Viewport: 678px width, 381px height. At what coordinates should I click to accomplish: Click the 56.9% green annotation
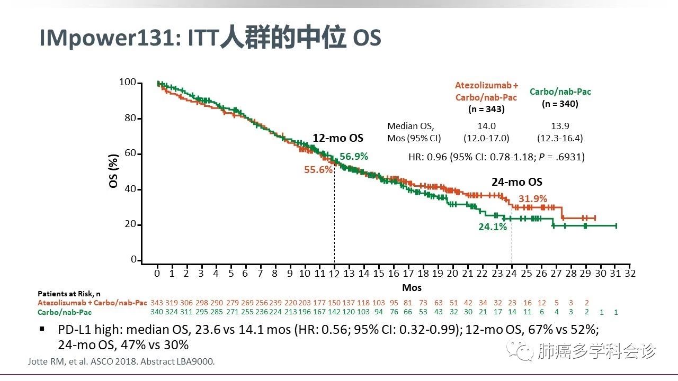(354, 157)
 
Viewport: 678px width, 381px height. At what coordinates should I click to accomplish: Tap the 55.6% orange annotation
(318, 170)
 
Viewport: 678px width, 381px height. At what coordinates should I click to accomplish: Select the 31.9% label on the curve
(532, 198)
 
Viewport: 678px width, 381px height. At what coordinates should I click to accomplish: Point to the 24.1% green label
(493, 227)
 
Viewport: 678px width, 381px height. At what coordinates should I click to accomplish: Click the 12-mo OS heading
(338, 138)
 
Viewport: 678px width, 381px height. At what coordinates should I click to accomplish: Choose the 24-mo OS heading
(517, 182)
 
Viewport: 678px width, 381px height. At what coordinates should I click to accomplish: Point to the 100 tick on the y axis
(128, 83)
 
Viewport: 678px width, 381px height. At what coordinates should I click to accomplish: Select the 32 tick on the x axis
(630, 274)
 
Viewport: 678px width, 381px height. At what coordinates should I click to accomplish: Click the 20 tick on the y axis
(130, 225)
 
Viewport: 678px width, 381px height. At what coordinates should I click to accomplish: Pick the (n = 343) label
(486, 110)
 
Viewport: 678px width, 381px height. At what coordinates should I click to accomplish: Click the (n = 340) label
(560, 104)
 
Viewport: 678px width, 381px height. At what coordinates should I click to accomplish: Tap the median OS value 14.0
(486, 126)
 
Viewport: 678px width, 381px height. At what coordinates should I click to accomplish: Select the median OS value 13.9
(559, 126)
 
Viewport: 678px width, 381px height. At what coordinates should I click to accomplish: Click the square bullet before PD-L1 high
(42, 329)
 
